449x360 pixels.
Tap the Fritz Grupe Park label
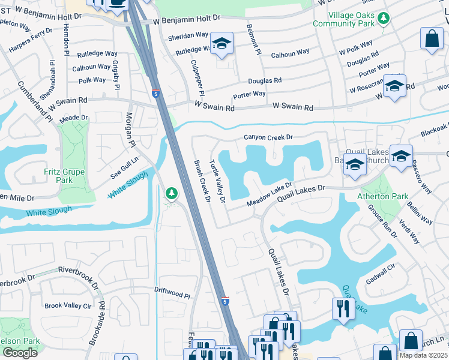(64, 176)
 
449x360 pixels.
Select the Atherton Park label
(382, 196)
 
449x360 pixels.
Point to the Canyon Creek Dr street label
(268, 137)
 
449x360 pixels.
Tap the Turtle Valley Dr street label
(216, 180)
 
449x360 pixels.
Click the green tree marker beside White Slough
(172, 193)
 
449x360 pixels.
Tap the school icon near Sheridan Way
(222, 44)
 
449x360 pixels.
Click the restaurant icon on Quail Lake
(343, 309)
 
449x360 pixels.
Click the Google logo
(20, 353)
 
